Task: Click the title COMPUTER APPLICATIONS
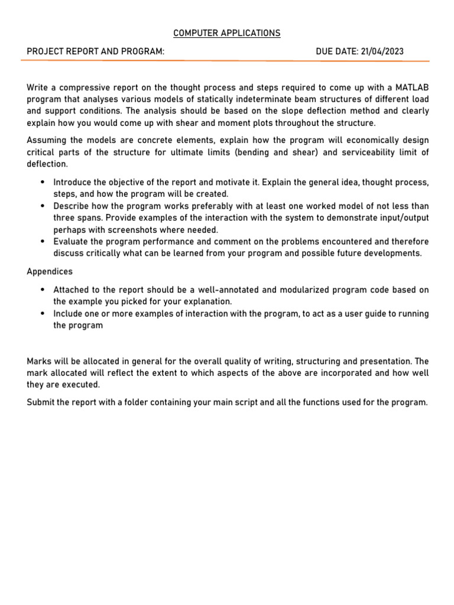coord(227,33)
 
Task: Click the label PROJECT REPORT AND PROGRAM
coord(95,51)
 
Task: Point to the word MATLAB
coord(413,87)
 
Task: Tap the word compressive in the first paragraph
coord(77,87)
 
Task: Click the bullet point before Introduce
coord(44,182)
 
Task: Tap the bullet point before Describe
coord(44,206)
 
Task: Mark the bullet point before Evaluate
coord(44,242)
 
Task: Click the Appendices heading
coord(50,272)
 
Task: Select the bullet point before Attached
coord(44,290)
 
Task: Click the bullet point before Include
coord(44,314)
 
